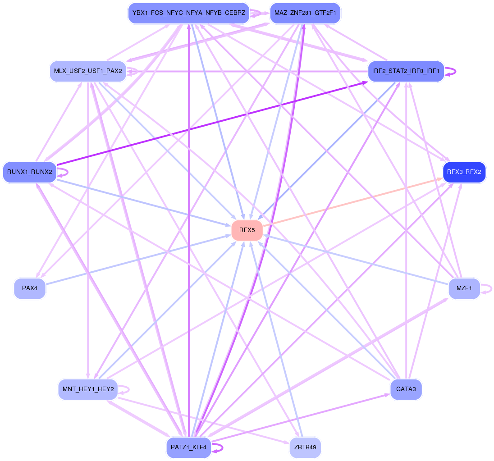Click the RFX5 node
(x=247, y=230)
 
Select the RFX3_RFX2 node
(x=464, y=172)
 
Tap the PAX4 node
(x=30, y=288)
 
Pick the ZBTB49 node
(x=305, y=448)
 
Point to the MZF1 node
(x=464, y=288)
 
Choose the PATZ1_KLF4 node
(x=188, y=448)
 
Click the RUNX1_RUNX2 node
(x=30, y=172)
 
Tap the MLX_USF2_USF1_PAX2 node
(x=88, y=71)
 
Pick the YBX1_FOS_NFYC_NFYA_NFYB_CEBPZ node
(x=188, y=13)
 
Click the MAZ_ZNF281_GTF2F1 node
(x=305, y=13)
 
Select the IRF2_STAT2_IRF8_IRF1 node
(x=406, y=71)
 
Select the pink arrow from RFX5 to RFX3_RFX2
(x=352, y=201)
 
